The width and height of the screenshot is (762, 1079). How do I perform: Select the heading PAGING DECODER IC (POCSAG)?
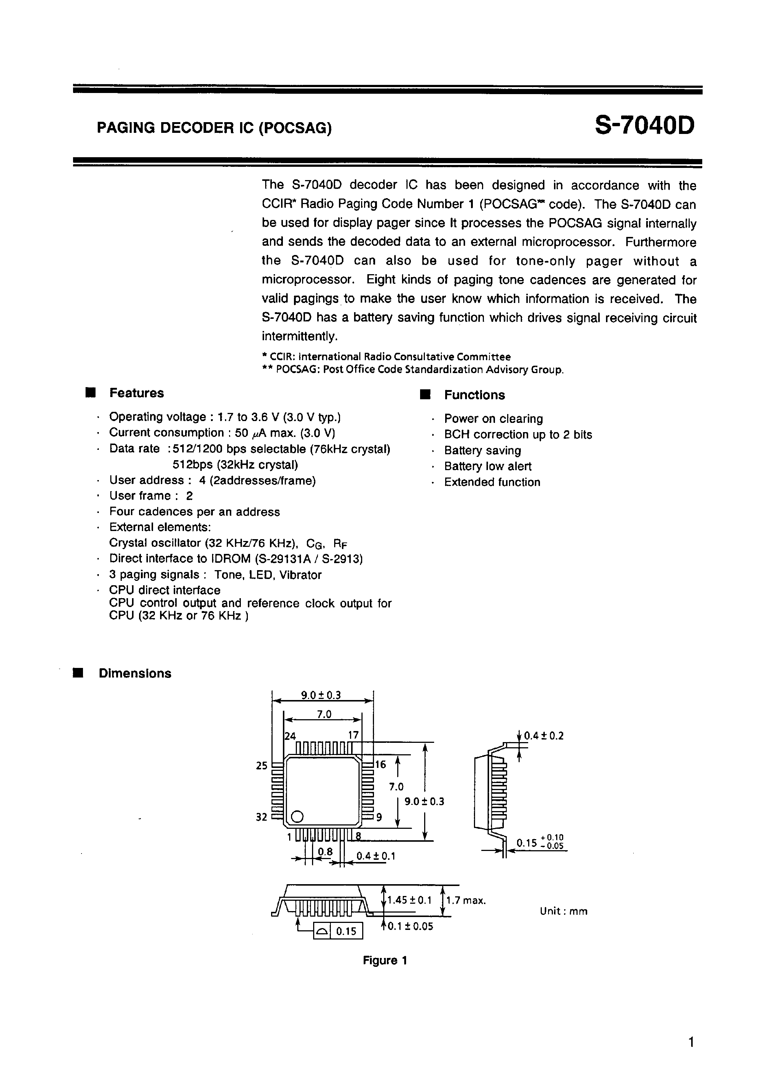[x=214, y=128]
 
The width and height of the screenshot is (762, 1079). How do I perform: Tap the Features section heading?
[x=136, y=393]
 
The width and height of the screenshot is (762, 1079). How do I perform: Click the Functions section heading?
[x=474, y=395]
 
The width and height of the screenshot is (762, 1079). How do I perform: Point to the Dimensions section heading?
[x=135, y=673]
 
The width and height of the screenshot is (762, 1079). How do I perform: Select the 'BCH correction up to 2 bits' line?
[x=518, y=434]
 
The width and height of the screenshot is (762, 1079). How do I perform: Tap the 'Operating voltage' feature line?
[x=225, y=417]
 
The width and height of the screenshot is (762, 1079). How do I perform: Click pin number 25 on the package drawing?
[x=261, y=766]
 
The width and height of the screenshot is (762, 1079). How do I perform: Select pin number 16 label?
[x=380, y=765]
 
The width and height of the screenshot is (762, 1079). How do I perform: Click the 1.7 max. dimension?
[x=465, y=900]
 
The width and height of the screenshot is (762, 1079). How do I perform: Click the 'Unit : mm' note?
[x=563, y=911]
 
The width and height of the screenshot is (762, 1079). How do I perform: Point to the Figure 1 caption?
[x=384, y=961]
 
